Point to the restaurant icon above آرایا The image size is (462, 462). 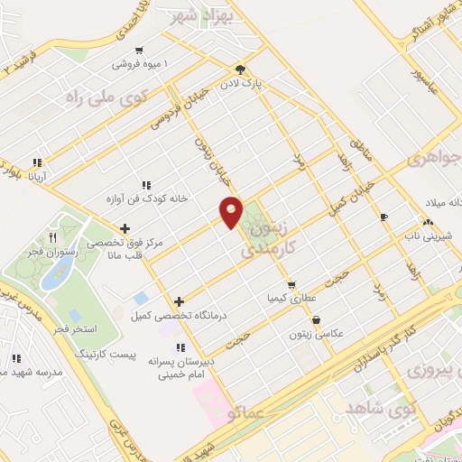click(36, 163)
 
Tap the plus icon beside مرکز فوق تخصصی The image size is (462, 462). click(125, 228)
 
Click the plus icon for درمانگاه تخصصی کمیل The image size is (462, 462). click(179, 301)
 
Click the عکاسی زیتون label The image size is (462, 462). click(325, 334)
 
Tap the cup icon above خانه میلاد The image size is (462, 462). click(383, 217)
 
